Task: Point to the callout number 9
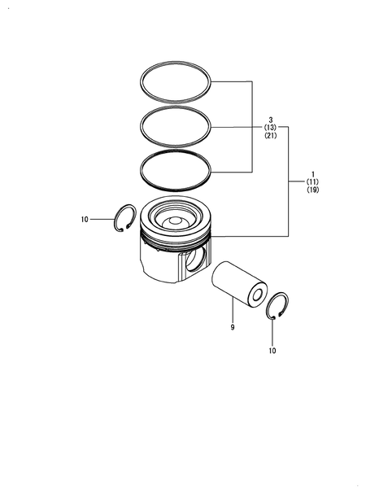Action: point(232,328)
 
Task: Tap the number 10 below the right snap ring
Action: point(272,351)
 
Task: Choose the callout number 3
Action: point(269,120)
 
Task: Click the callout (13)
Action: point(269,128)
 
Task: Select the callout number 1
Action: point(312,174)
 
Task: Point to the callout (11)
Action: point(312,182)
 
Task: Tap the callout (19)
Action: point(312,190)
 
